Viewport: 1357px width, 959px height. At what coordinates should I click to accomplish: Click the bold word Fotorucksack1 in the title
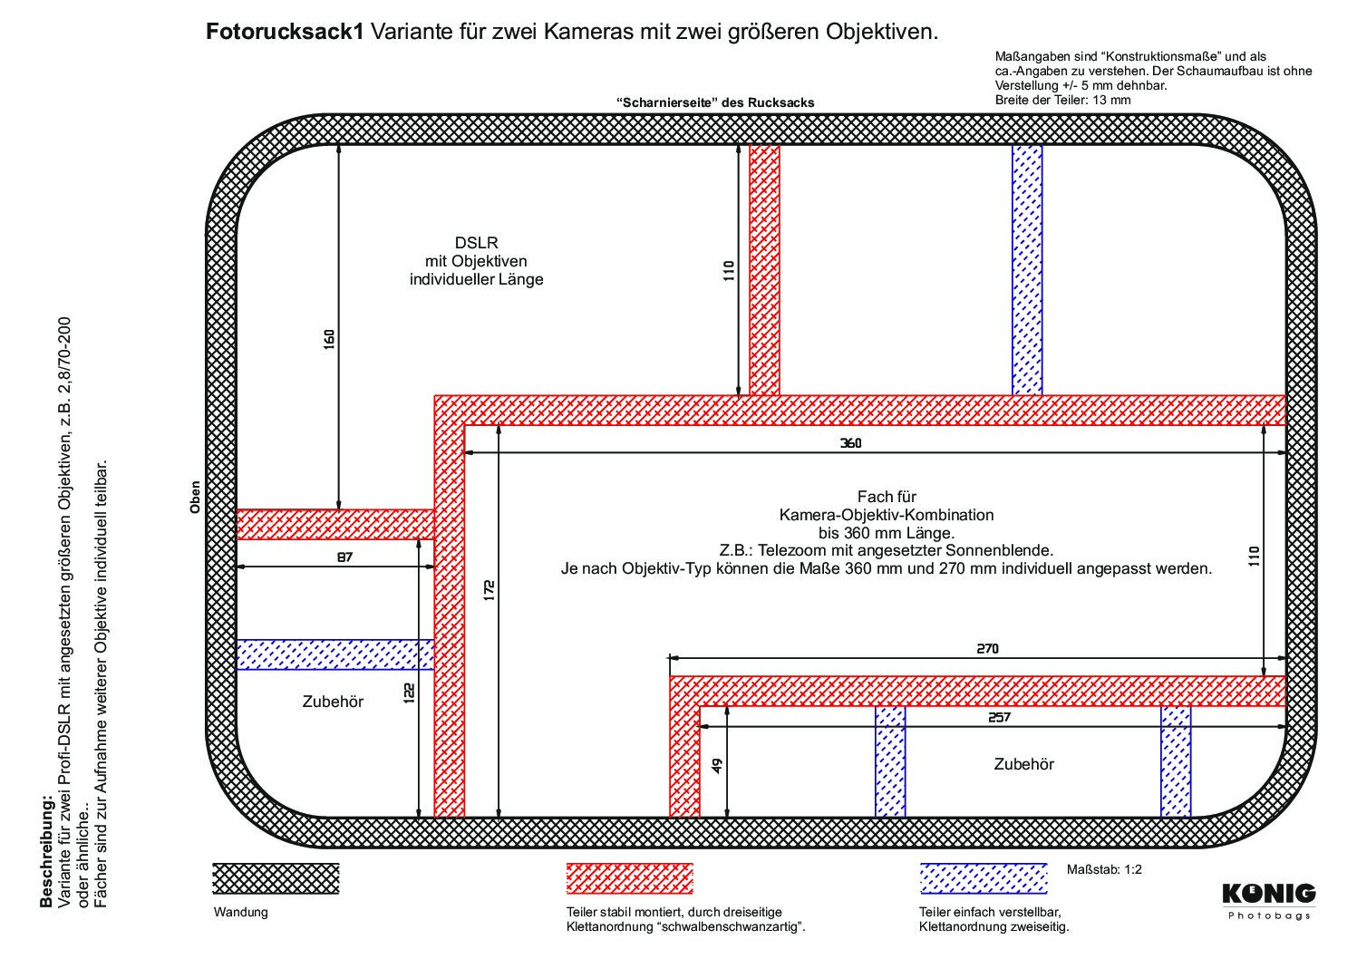coord(285,32)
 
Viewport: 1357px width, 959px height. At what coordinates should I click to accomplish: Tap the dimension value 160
coord(329,340)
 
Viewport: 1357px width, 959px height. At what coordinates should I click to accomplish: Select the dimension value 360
coord(850,443)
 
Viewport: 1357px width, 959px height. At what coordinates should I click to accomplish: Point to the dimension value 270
coord(987,649)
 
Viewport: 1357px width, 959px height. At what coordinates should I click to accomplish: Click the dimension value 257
coord(999,717)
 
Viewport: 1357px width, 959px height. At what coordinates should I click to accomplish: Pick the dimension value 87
coord(344,557)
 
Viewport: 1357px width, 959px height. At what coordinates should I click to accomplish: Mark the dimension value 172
coord(489,591)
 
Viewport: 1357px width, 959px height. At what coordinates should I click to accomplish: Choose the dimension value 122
coord(409,693)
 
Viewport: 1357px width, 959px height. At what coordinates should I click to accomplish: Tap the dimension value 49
coord(717,766)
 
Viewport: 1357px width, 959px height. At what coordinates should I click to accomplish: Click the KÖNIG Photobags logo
coord(1268,901)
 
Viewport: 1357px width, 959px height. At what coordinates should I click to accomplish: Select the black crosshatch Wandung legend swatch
coord(276,878)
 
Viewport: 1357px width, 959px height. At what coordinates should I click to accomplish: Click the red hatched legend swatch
coord(629,878)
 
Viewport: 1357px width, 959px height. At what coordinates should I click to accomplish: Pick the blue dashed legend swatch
coord(984,878)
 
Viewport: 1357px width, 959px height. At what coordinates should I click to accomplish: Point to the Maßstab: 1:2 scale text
coord(1104,869)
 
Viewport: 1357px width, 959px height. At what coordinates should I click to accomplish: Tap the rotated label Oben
coord(195,498)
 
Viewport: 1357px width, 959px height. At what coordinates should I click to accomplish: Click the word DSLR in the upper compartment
coord(476,243)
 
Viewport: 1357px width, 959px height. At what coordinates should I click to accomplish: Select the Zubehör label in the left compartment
coord(333,702)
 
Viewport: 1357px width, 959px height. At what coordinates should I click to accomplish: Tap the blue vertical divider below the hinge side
coord(1027,270)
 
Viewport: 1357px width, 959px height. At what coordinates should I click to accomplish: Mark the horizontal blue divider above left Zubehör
coord(335,654)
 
